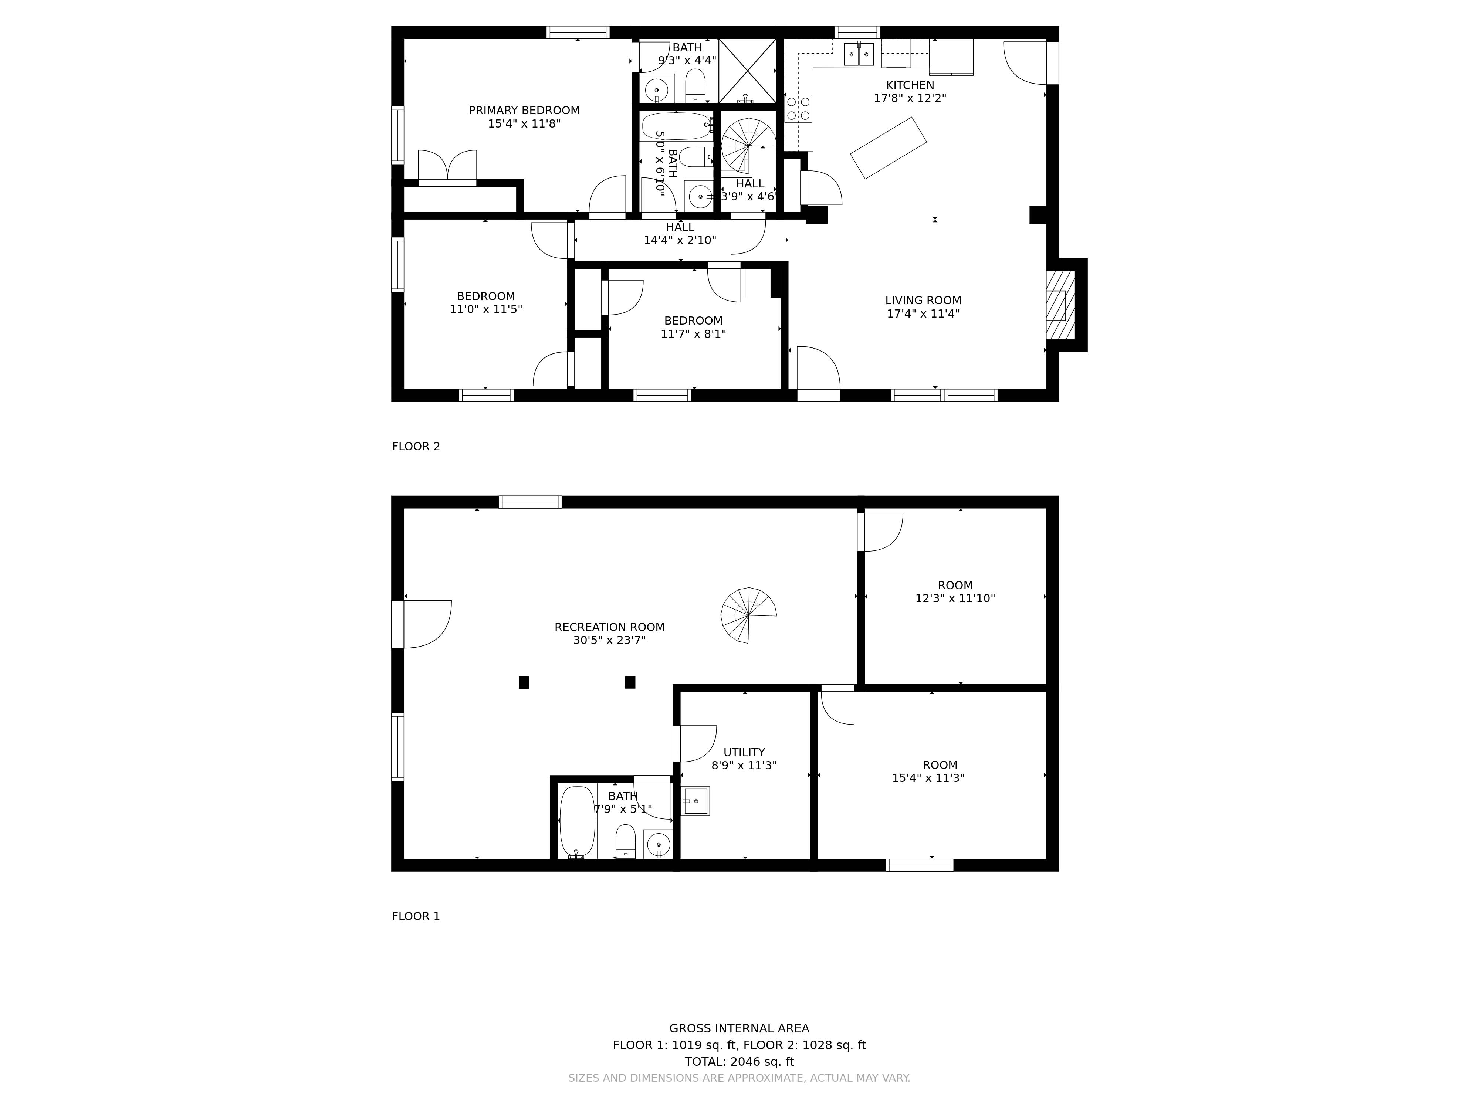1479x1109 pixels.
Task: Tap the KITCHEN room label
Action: point(910,85)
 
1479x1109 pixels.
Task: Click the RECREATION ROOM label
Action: point(609,627)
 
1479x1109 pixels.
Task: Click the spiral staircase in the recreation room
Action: point(748,615)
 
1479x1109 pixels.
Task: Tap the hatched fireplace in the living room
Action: point(1060,305)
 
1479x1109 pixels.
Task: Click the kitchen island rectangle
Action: point(888,148)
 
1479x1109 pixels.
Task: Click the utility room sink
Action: point(695,801)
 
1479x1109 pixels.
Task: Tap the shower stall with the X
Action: point(748,71)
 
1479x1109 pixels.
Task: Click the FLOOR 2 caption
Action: point(416,447)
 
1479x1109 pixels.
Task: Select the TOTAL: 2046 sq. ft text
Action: point(739,1062)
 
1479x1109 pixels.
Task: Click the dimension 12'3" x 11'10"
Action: point(955,598)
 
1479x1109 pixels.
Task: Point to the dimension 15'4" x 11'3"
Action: point(928,778)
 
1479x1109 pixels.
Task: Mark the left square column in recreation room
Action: point(524,682)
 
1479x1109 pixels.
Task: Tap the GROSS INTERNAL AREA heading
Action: point(739,1029)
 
